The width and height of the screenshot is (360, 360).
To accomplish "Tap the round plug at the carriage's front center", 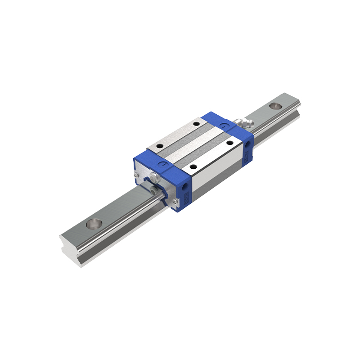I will pyautogui.click(x=154, y=176).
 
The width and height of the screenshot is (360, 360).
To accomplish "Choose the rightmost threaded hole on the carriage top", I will pyautogui.click(x=229, y=143).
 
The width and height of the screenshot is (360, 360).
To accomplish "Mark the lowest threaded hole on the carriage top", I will pyautogui.click(x=193, y=166).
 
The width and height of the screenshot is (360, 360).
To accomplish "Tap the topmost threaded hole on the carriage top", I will pyautogui.click(x=196, y=123).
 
